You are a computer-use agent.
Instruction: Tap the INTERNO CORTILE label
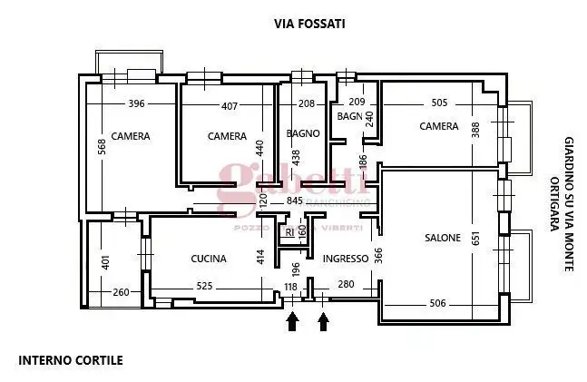(x=71, y=360)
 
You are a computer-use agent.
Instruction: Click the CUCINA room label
(x=208, y=260)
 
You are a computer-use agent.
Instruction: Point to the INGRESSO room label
(x=346, y=259)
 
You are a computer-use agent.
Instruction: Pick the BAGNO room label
(x=303, y=134)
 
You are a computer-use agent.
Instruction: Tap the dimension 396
(x=137, y=104)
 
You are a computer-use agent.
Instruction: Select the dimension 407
(x=230, y=106)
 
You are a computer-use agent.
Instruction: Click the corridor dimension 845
(x=294, y=201)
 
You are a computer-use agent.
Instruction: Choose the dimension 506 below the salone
(x=436, y=304)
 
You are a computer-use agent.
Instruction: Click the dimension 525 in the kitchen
(x=205, y=288)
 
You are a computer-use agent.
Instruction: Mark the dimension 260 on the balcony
(x=121, y=292)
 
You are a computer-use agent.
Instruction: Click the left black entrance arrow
(x=292, y=321)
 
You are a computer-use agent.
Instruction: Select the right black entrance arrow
(x=323, y=321)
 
